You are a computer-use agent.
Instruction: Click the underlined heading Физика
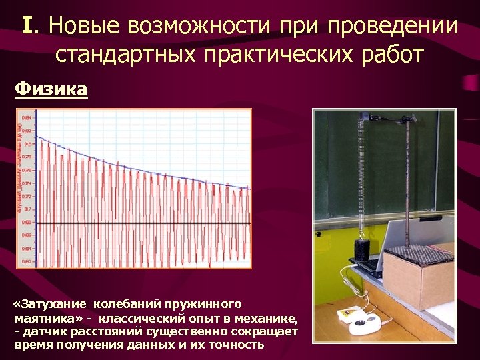[x=51, y=88]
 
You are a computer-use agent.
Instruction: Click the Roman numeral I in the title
[x=27, y=26]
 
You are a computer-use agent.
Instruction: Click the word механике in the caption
[x=265, y=318]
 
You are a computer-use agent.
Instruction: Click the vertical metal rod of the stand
[x=405, y=180]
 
